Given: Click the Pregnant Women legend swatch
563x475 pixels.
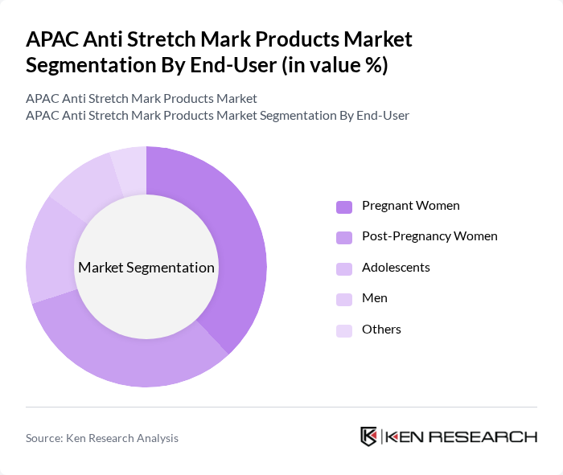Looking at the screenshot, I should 344,207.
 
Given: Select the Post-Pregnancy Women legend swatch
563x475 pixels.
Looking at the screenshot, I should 344,237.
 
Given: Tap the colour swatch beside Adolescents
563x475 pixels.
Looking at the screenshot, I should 344,268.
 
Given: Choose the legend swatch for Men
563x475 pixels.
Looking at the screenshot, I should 344,299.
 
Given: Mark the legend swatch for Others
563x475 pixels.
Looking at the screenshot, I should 344,330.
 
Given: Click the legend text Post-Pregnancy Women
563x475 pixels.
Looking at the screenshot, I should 429,236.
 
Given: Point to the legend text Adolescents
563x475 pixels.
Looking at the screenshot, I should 396,268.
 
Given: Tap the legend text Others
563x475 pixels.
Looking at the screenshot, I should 381,330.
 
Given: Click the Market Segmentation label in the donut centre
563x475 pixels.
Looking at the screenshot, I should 146,268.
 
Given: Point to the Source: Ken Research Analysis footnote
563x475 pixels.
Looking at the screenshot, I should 102,438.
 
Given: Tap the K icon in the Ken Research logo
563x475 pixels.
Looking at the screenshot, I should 369,436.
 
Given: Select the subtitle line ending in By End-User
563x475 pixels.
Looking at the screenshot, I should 217,116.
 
